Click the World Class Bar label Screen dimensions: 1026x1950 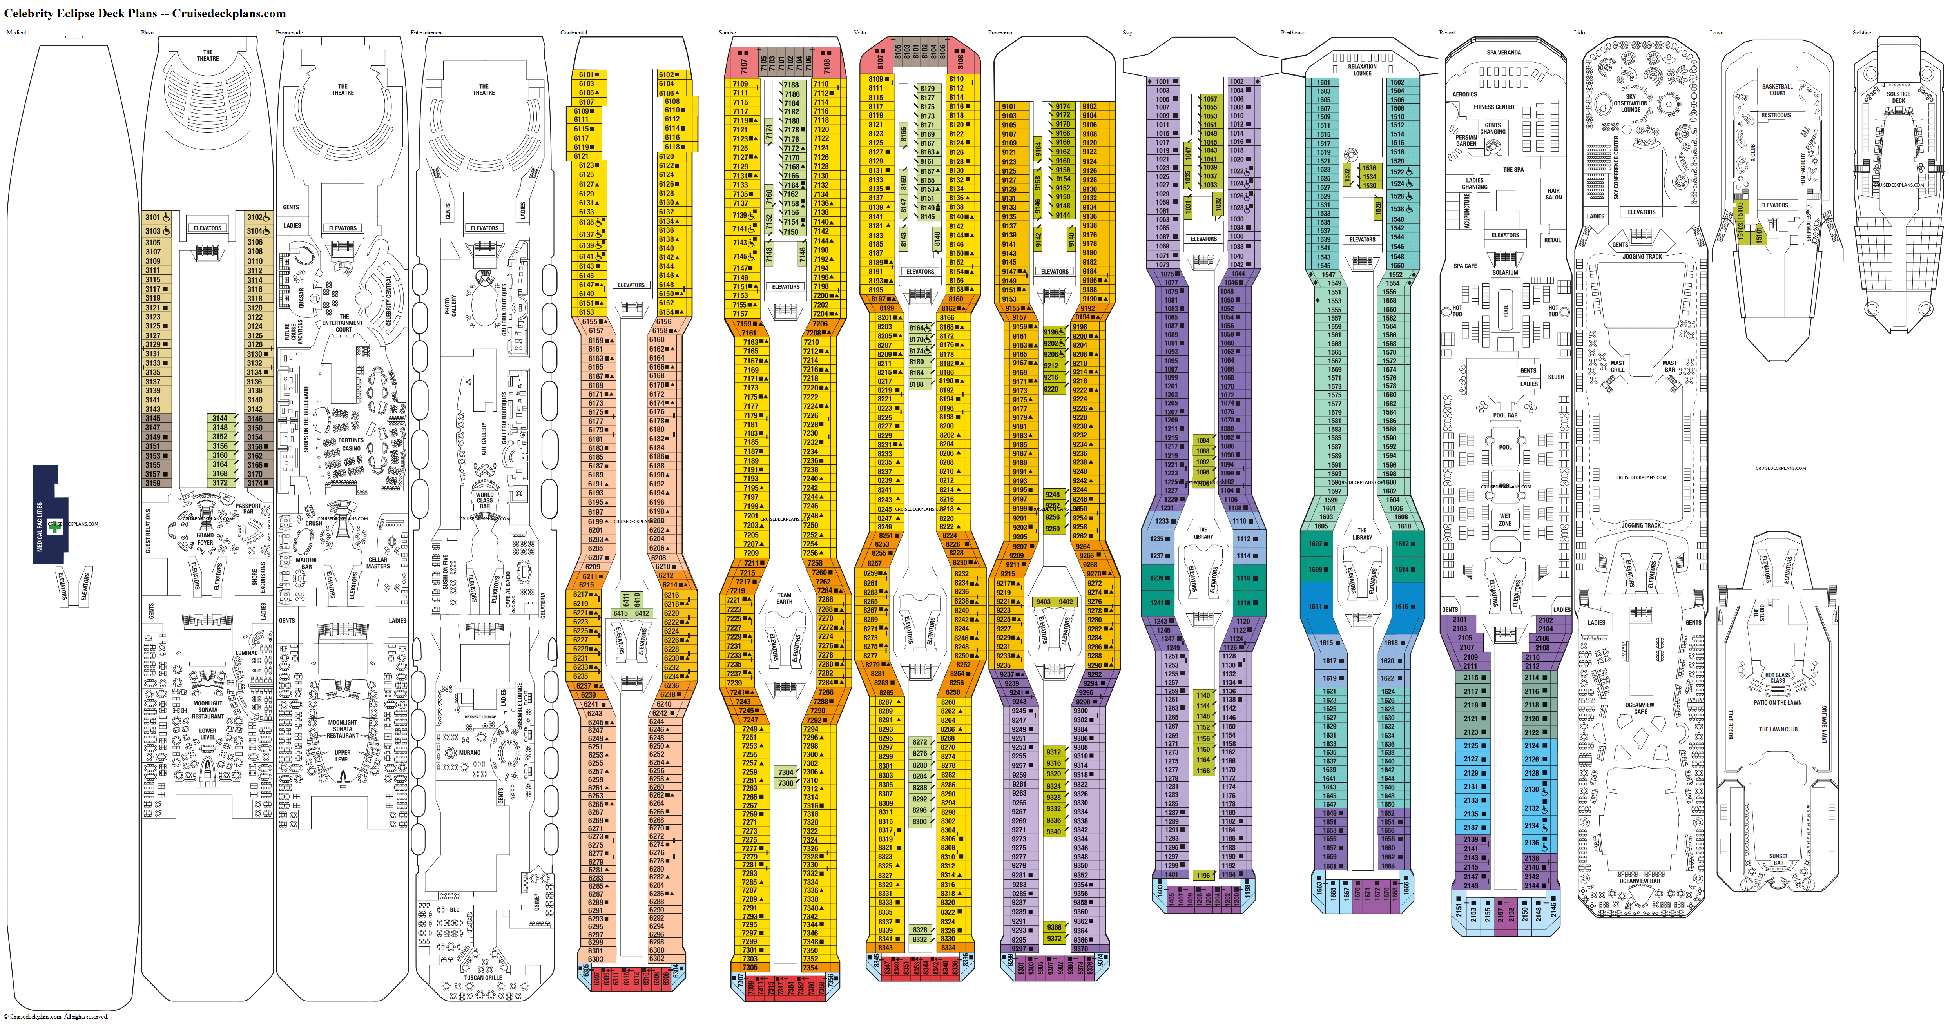484,500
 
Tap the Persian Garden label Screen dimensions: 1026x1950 1466,140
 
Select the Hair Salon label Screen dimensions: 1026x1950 1553,194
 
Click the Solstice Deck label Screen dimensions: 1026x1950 1899,97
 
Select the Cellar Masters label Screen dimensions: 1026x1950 378,563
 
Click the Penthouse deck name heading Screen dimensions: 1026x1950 1293,33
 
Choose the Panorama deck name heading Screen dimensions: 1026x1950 1000,33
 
